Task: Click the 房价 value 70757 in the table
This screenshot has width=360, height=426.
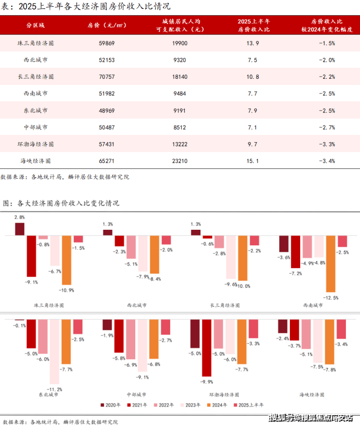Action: click(107, 77)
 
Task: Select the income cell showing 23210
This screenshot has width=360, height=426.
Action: click(179, 160)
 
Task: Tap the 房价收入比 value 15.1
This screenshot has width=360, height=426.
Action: click(252, 160)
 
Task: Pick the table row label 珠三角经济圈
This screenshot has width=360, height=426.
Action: click(36, 43)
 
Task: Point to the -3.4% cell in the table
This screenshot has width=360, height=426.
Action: click(326, 160)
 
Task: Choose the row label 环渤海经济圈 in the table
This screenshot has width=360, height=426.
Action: click(36, 144)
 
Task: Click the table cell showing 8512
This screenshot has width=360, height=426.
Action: click(179, 127)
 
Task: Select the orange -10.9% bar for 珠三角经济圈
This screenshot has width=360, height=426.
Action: click(67, 260)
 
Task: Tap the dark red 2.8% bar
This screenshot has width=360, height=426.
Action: click(20, 229)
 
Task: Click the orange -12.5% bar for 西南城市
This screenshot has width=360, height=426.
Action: click(330, 265)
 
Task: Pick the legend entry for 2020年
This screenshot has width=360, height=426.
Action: click(110, 405)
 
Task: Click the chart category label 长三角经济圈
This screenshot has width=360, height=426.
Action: click(225, 305)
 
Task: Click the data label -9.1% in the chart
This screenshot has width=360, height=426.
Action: click(33, 281)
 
